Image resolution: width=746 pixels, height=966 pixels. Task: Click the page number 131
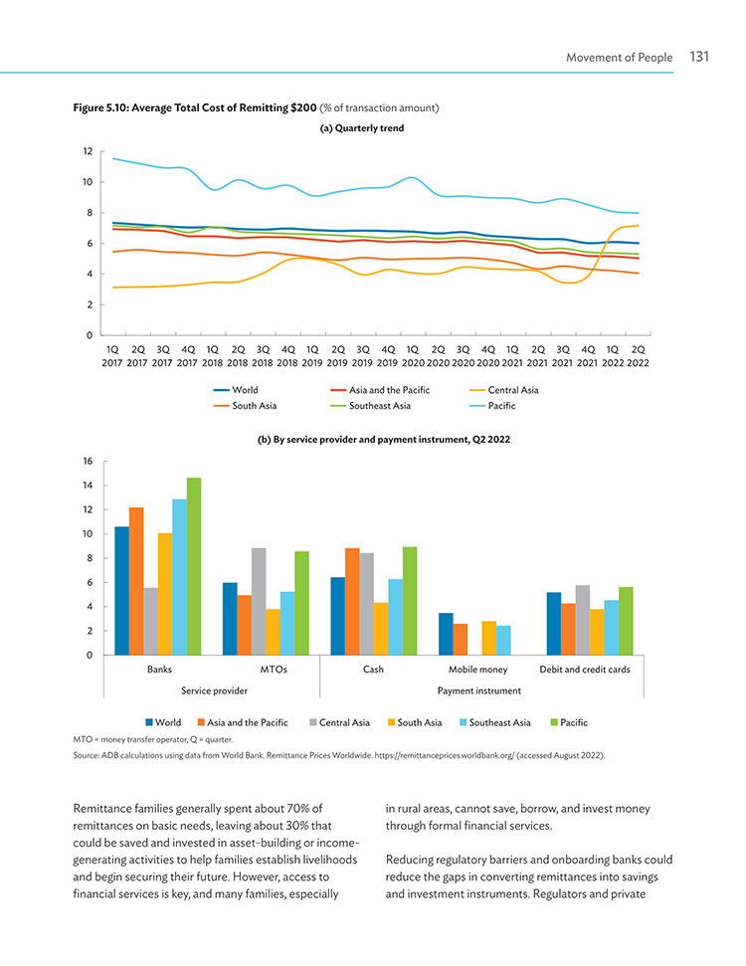(699, 57)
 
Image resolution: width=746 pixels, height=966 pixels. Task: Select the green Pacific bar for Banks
(194, 566)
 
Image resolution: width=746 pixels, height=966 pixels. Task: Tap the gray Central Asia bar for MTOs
(259, 601)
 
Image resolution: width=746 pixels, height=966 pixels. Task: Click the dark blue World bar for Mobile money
(446, 634)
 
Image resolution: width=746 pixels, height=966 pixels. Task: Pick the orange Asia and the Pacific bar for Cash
(352, 601)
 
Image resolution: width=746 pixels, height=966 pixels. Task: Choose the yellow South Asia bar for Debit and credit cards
(597, 632)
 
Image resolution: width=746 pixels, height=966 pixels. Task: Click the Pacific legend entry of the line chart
(492, 405)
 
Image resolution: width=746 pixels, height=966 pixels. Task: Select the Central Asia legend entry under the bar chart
(339, 722)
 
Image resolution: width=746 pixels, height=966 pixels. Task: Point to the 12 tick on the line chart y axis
(88, 151)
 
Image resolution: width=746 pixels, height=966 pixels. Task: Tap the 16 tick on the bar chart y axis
(88, 461)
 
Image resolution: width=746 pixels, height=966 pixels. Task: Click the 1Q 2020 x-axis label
(413, 356)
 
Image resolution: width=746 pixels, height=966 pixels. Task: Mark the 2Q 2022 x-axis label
(638, 356)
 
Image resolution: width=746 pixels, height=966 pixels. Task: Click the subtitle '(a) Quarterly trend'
(362, 128)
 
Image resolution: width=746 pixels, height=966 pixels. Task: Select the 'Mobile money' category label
(478, 670)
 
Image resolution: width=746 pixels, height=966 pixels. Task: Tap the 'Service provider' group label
(214, 690)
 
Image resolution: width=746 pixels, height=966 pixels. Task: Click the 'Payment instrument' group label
(479, 690)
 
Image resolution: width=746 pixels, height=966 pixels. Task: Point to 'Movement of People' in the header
(619, 58)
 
